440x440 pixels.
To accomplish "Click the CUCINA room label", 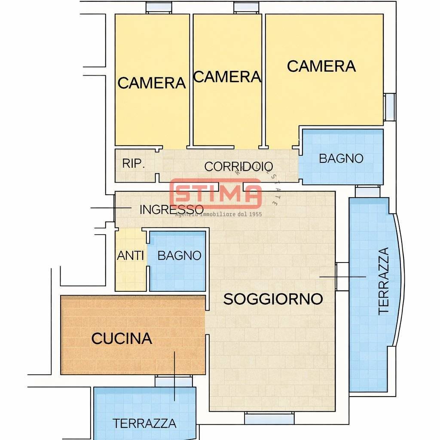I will [122, 339].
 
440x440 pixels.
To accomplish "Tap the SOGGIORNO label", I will [273, 299].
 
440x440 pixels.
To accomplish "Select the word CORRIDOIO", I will [238, 166].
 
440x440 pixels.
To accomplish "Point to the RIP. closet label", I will [133, 164].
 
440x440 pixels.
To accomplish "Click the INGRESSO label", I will [171, 210].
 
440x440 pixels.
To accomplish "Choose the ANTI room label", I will [130, 256].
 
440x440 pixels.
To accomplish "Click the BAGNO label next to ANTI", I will [179, 256].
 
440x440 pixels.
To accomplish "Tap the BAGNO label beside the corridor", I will [341, 159].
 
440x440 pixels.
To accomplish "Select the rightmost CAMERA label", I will [321, 67].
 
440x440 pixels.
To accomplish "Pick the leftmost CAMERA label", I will [151, 83].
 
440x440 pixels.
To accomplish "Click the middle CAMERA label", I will [227, 77].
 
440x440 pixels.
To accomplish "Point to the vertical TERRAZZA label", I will [383, 281].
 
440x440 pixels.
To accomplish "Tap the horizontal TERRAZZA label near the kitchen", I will [144, 423].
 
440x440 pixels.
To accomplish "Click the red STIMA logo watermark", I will [216, 194].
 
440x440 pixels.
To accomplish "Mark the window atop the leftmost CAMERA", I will [159, 7].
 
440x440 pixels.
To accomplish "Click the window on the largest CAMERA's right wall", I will [389, 107].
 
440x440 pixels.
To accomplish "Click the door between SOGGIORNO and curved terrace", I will [342, 277].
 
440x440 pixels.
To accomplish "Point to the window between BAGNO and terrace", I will [368, 191].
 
